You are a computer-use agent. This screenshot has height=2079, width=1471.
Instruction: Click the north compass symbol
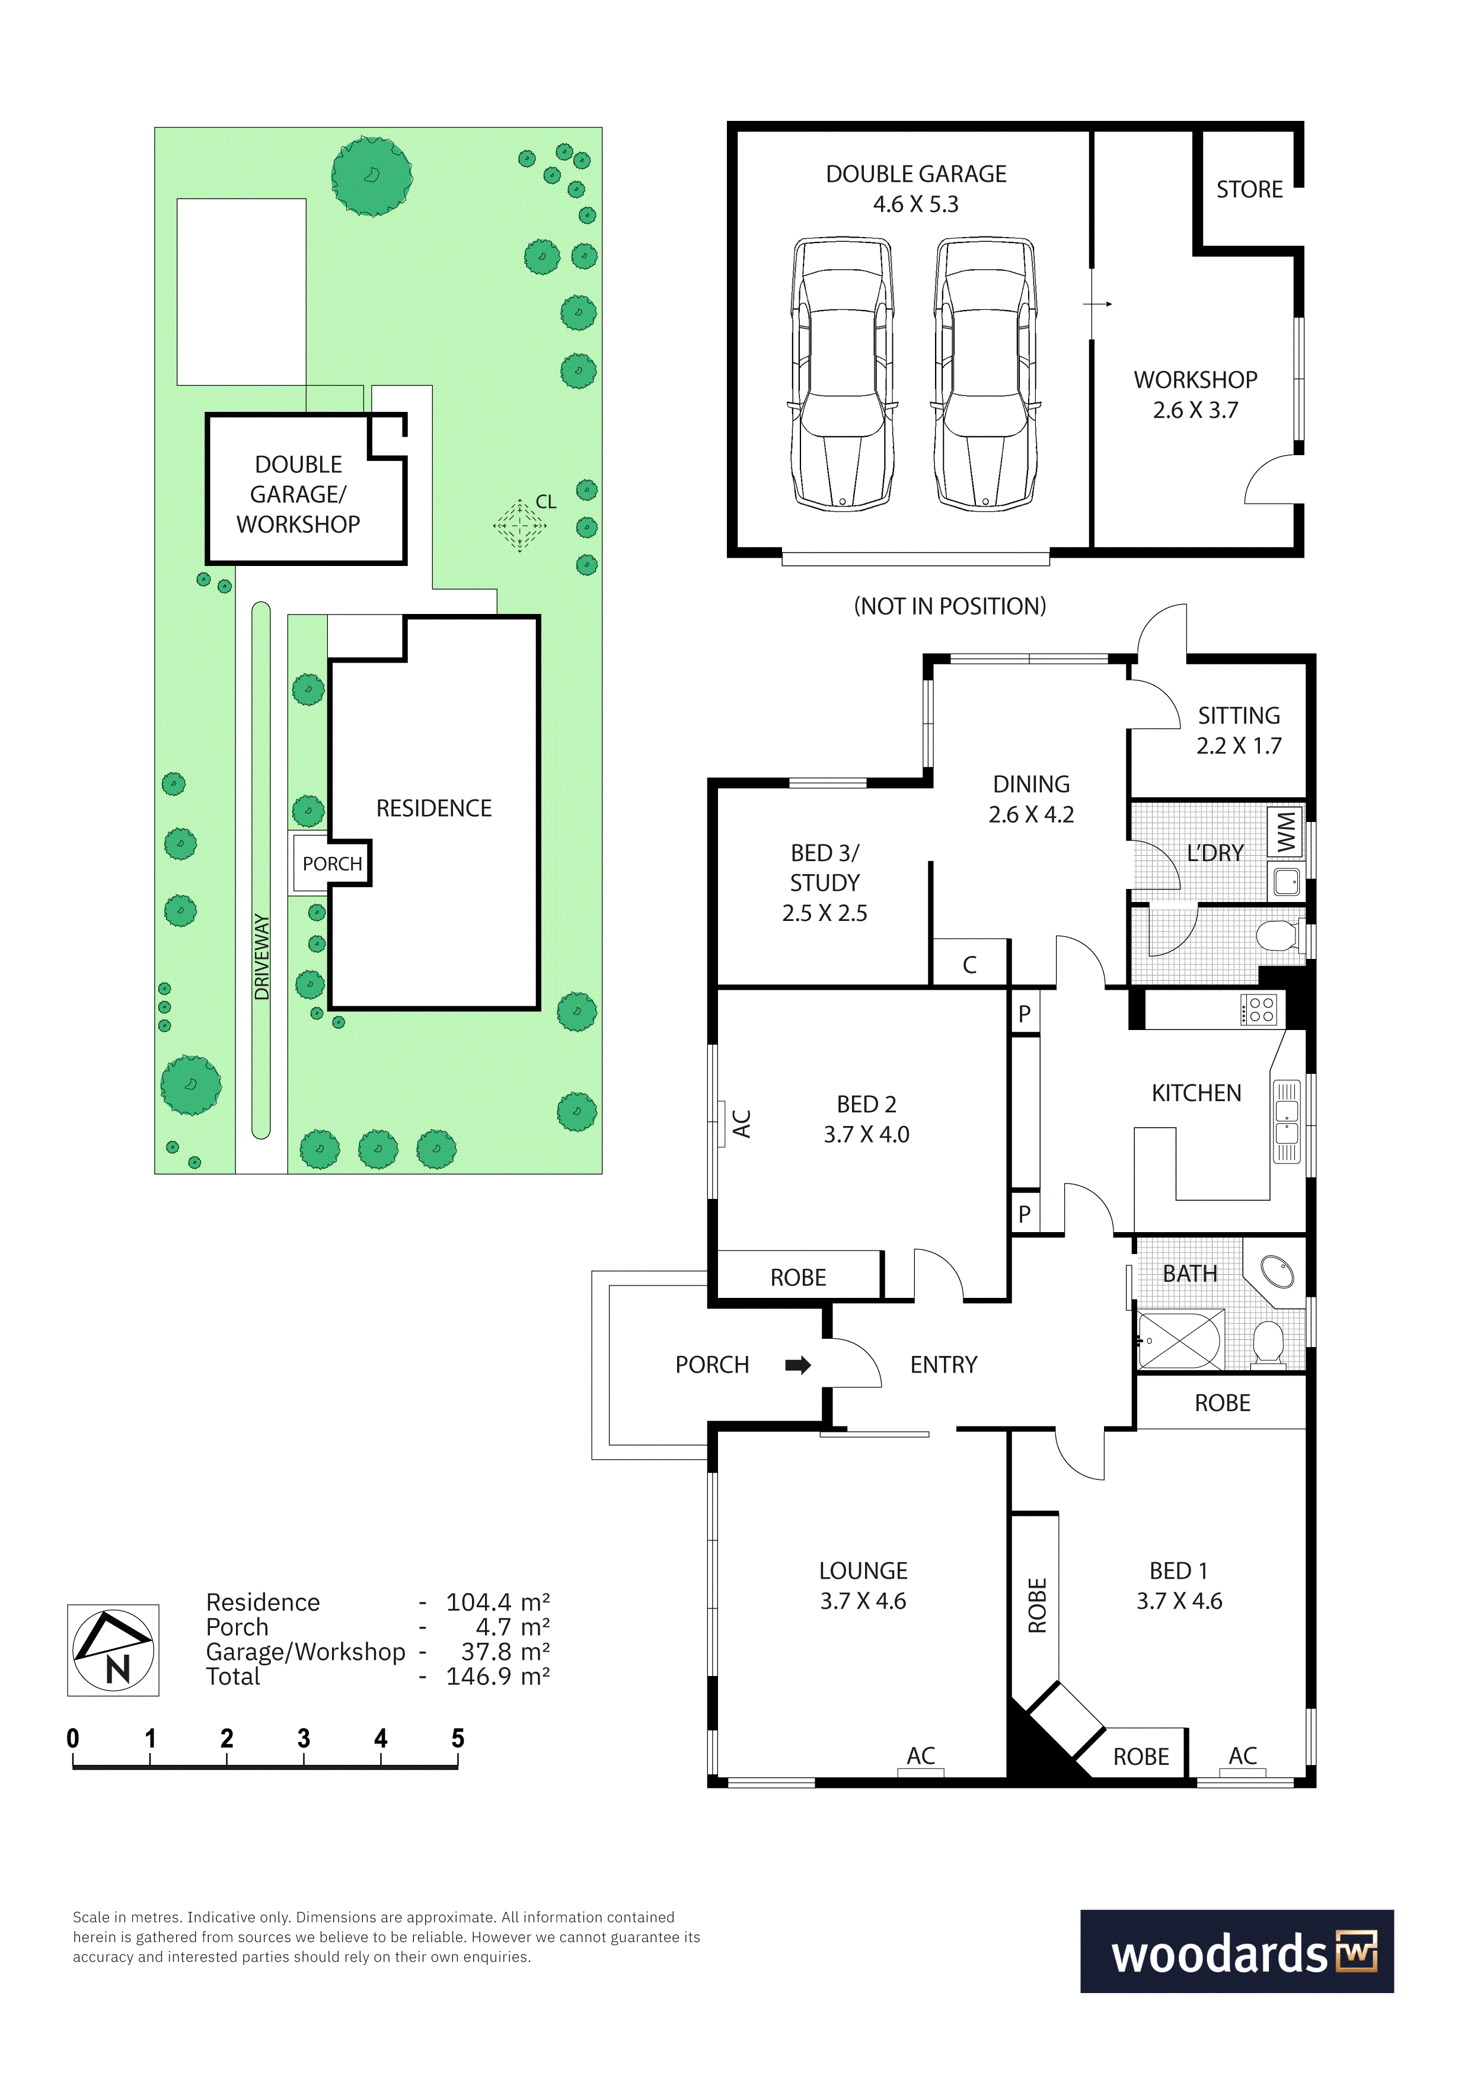pos(113,1650)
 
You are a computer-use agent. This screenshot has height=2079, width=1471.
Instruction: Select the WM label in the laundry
pos(1286,831)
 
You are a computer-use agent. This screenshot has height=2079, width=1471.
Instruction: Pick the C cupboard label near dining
pos(969,965)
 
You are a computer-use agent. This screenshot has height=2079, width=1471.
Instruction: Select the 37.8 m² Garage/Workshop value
pos(505,1652)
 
